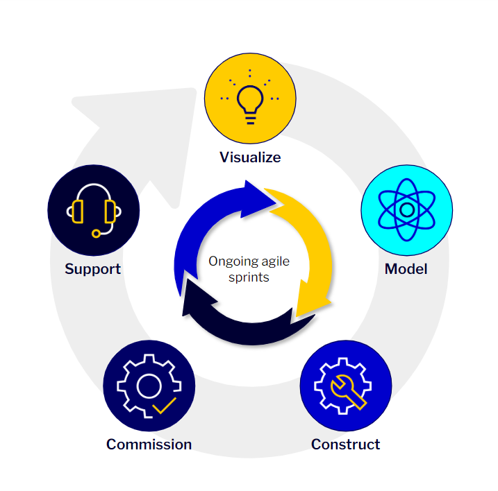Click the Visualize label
(250, 157)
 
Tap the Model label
(406, 268)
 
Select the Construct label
(345, 445)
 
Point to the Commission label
(149, 444)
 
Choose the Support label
(92, 269)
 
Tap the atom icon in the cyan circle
(407, 209)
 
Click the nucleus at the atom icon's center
(407, 209)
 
